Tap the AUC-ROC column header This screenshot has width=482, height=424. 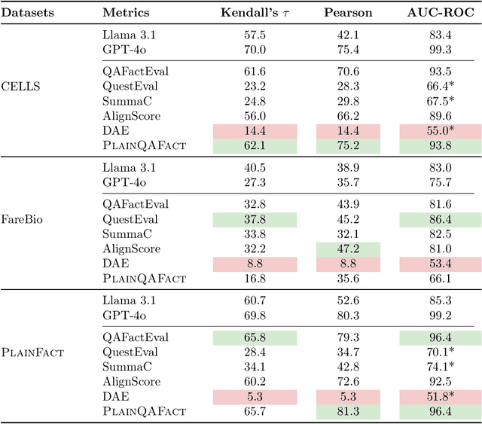[x=440, y=13]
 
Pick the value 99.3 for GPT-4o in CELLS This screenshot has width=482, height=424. [x=440, y=50]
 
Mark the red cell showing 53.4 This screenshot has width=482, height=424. [x=440, y=263]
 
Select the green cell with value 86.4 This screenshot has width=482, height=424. [x=440, y=219]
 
